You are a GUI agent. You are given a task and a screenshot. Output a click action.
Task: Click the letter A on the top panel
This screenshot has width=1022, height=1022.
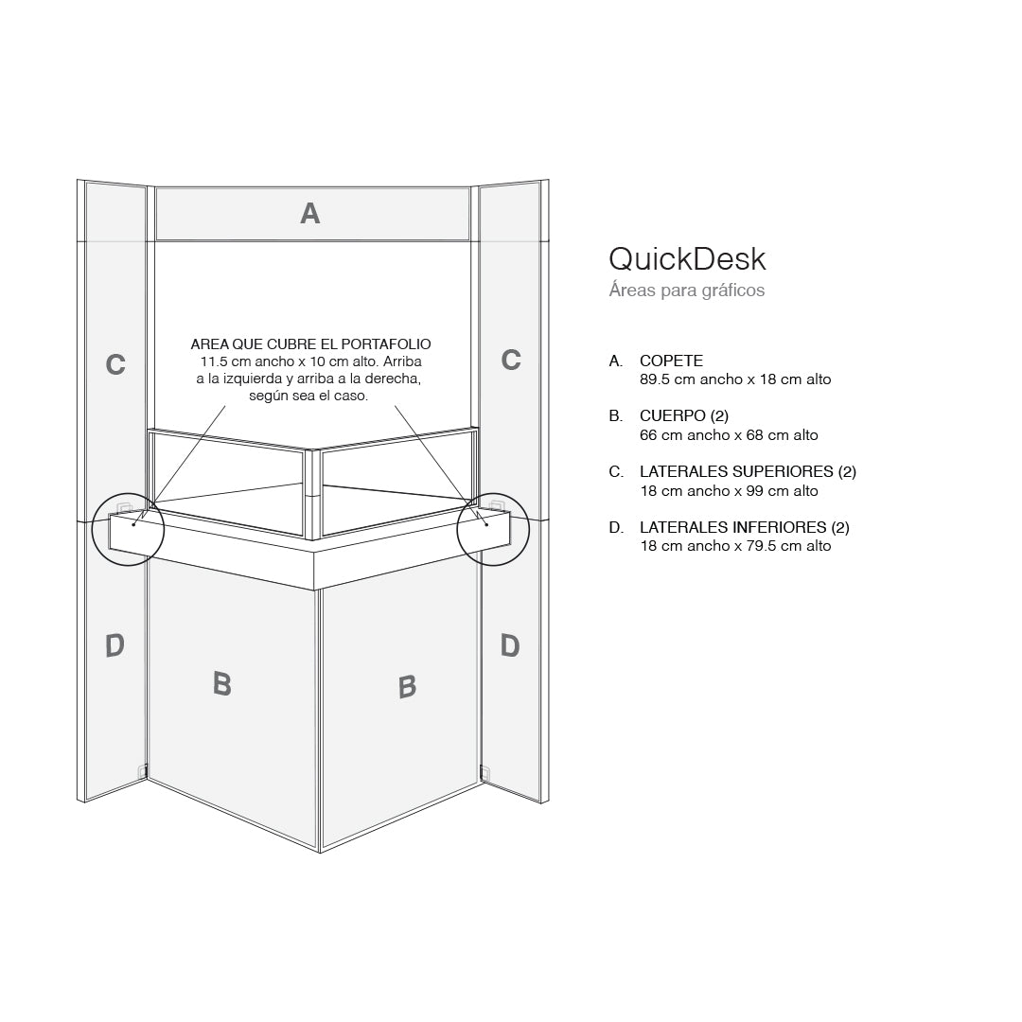[x=309, y=214]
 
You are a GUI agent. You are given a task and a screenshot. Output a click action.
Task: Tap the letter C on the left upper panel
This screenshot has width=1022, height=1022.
[x=115, y=364]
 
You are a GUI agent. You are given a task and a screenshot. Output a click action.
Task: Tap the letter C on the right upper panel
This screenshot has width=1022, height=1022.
[x=511, y=360]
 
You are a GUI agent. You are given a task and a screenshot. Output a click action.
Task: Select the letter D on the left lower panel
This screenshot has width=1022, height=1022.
[x=115, y=646]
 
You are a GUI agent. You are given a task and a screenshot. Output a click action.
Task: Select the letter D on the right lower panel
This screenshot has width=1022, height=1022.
[x=510, y=646]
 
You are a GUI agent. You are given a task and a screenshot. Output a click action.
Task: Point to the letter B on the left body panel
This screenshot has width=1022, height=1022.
[x=222, y=683]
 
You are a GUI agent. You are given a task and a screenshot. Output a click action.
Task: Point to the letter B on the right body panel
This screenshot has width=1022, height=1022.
[x=407, y=686]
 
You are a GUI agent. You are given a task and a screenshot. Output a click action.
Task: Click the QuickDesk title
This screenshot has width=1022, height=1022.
[x=687, y=258]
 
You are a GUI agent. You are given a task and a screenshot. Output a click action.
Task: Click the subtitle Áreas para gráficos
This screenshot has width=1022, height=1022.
[x=687, y=291]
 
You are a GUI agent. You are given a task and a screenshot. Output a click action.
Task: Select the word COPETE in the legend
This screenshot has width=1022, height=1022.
[x=671, y=361]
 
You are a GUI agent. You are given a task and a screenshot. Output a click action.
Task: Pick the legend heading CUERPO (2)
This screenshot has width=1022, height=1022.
[x=684, y=416]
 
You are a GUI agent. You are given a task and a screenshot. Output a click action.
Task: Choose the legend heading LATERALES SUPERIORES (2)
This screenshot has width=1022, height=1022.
[x=748, y=471]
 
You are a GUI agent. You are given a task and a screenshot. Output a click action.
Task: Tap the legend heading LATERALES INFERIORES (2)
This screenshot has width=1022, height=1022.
[x=745, y=527]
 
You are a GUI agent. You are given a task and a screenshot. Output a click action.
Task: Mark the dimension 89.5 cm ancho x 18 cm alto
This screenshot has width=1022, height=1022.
[x=735, y=379]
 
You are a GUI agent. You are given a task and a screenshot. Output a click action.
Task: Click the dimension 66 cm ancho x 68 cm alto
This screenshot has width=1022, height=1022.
[x=729, y=435]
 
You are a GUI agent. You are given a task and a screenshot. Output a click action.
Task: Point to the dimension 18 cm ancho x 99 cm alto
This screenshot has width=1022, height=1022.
[x=729, y=491]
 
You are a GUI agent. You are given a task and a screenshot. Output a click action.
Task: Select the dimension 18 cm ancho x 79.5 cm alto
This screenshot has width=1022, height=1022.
[x=735, y=546]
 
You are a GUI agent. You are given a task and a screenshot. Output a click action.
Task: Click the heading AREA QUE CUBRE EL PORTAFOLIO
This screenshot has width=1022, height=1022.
[x=310, y=344]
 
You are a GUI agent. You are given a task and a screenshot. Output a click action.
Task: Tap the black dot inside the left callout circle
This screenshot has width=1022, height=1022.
[x=134, y=523]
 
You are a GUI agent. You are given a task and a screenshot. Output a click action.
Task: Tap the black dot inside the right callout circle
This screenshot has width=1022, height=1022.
[x=486, y=523]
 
